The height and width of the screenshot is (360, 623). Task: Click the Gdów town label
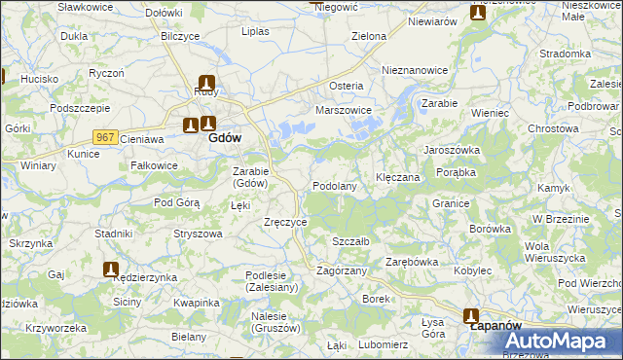(x=225, y=138)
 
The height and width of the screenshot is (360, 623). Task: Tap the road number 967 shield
(x=106, y=138)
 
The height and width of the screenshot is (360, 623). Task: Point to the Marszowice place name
(x=344, y=110)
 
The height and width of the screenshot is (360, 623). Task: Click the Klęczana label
(x=397, y=178)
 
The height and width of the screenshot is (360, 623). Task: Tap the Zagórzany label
(x=342, y=270)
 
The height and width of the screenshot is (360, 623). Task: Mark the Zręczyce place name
(x=285, y=222)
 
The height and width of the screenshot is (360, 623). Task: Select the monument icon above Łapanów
(x=471, y=315)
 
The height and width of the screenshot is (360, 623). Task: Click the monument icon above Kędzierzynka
(x=111, y=269)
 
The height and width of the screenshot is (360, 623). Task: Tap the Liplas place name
(x=255, y=31)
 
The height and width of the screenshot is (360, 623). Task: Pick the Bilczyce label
(x=180, y=35)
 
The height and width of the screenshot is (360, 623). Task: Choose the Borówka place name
(x=490, y=229)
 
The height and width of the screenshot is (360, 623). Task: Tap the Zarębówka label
(x=412, y=262)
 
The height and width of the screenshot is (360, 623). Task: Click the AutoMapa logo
(x=558, y=341)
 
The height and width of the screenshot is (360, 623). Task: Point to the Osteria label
(x=347, y=86)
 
